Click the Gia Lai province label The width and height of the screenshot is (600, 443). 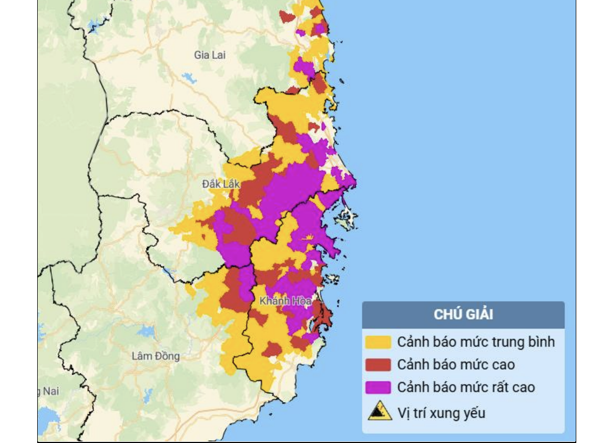[x=210, y=55]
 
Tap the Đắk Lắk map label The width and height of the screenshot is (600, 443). [x=220, y=184]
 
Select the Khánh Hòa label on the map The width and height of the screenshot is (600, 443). [x=285, y=301]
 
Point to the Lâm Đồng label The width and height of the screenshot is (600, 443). [x=156, y=356]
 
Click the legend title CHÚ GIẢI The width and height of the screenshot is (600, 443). [x=463, y=315]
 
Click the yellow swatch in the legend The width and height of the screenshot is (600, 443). [x=378, y=342]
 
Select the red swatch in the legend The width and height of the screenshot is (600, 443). [x=378, y=365]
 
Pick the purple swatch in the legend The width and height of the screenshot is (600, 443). [x=378, y=387]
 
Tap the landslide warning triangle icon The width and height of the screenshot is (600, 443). [x=380, y=411]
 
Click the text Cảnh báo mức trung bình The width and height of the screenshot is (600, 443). [x=476, y=342]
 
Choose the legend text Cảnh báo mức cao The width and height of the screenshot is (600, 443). [x=456, y=365]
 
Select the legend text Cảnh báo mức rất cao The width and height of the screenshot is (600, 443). [x=466, y=387]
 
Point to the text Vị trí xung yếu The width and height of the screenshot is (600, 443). [x=442, y=413]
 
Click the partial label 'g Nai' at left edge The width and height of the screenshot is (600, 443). [x=48, y=392]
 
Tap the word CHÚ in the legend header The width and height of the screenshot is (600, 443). [x=447, y=315]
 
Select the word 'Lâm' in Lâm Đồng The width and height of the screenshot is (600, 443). [x=142, y=356]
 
